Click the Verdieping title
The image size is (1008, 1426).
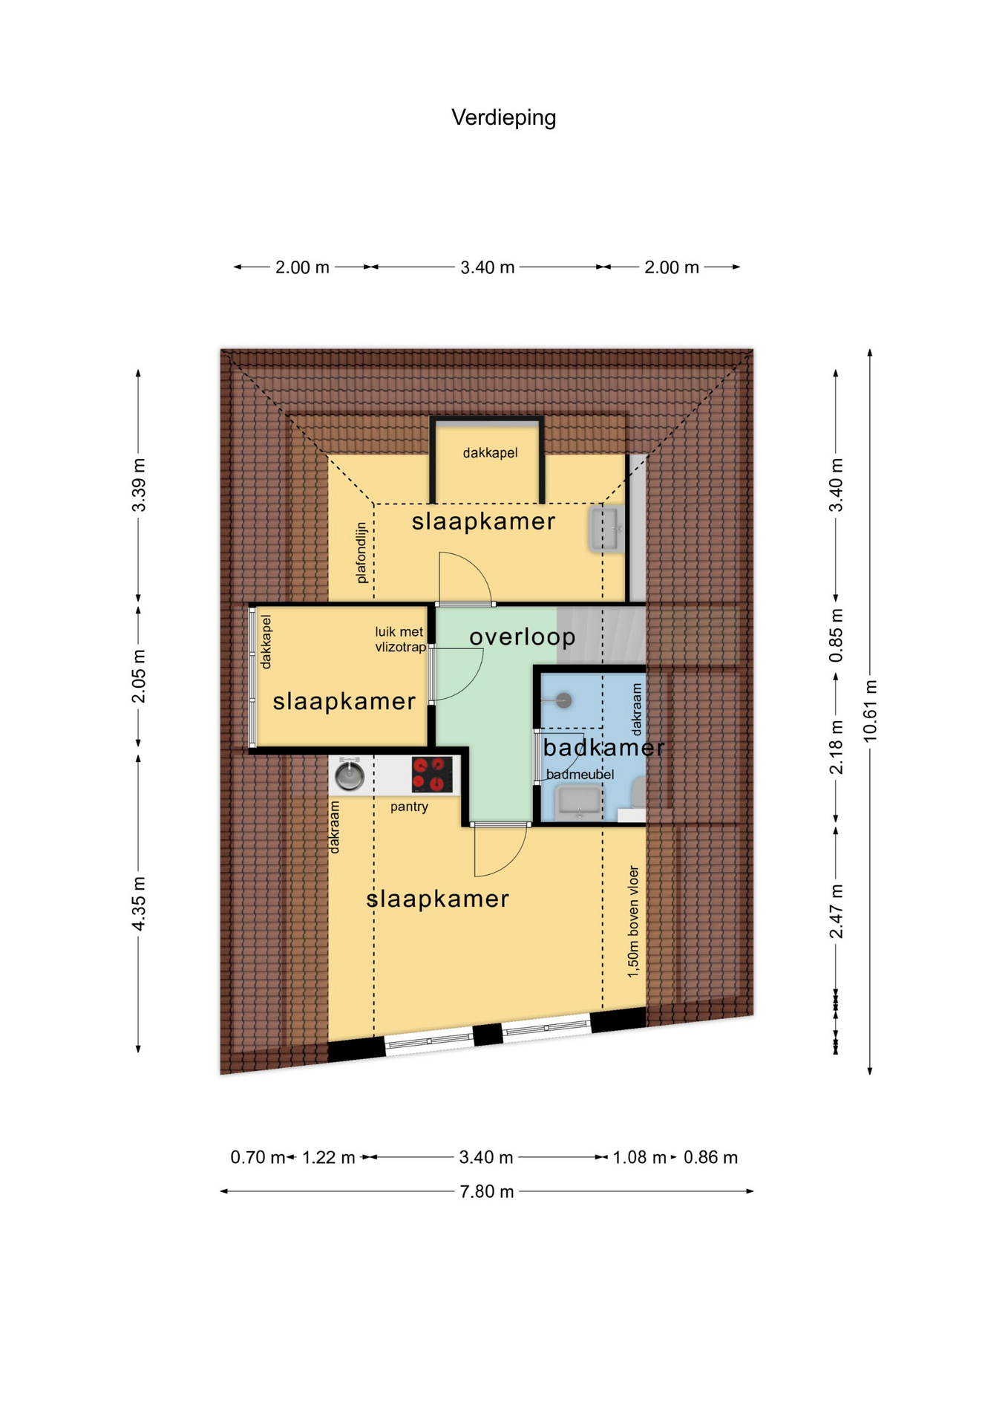[x=503, y=117]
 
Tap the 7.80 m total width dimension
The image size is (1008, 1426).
[x=487, y=1191]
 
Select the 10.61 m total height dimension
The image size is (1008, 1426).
[x=870, y=711]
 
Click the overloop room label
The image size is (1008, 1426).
[x=523, y=637]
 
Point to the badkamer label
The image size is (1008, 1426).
[x=603, y=747]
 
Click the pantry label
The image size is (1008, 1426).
[x=409, y=807]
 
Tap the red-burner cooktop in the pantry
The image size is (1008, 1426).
[x=432, y=775]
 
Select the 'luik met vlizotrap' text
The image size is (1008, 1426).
[x=400, y=639]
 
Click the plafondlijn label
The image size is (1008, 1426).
[x=361, y=553]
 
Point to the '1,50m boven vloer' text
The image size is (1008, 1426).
[x=633, y=921]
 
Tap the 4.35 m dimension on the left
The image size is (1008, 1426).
[x=138, y=903]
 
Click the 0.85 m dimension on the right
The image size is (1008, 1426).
[x=836, y=637]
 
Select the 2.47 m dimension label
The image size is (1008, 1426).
[x=836, y=911]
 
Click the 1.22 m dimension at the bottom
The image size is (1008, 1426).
[x=329, y=1157]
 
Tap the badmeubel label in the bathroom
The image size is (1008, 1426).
[x=580, y=775]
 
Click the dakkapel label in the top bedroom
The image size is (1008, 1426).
[x=490, y=453]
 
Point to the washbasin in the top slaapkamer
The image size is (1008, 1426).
[x=607, y=528]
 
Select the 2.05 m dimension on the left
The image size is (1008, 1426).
[x=138, y=676]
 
